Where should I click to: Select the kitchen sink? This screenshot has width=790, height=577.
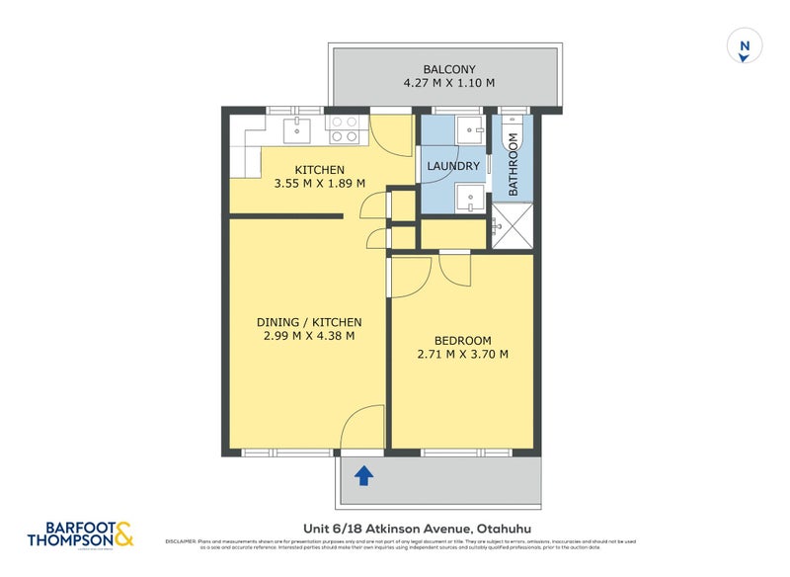(x=297, y=129)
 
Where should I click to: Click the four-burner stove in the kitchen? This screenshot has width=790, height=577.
(x=345, y=129)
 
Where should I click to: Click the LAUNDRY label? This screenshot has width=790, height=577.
(x=453, y=167)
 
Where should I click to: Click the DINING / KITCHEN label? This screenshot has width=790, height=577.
(x=309, y=322)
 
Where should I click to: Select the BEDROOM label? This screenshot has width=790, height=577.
(x=463, y=341)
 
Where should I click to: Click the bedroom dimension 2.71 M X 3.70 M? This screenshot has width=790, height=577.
(x=463, y=355)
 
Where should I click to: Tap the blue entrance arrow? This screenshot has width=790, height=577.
(x=363, y=476)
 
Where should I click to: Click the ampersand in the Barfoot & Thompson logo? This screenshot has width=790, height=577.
(x=122, y=535)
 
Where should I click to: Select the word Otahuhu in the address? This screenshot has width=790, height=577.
(x=511, y=529)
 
